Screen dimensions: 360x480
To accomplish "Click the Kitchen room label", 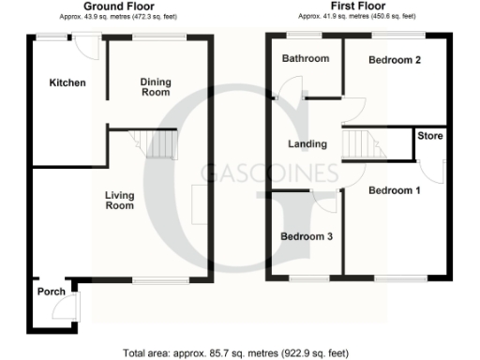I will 67,83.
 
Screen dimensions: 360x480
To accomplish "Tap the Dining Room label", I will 155,86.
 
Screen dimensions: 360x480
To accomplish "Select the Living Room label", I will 119,200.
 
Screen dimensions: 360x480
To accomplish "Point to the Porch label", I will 51,292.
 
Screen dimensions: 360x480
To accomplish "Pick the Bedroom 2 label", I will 393,60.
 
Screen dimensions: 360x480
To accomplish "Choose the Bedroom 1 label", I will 394,191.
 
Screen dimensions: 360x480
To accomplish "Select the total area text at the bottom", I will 235,353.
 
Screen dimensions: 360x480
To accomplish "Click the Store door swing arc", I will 434,172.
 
